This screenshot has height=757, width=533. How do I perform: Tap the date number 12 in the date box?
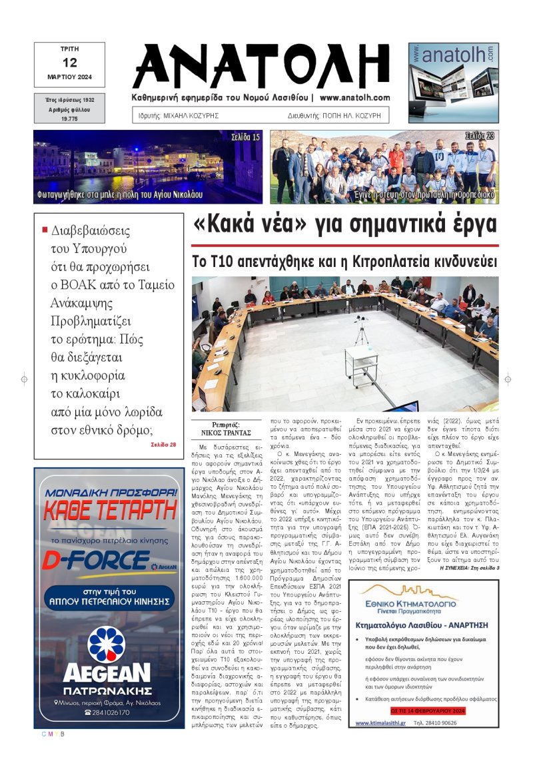pos(69,63)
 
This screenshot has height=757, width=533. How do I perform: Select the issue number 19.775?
pos(69,117)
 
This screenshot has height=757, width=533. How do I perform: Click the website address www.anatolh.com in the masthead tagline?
pos(354,97)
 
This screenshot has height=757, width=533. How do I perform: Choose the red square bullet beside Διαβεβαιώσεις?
pos(45,230)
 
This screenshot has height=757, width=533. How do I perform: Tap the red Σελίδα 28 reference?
pos(163,444)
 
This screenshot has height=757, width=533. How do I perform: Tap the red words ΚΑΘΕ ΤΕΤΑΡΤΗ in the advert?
pos(109,511)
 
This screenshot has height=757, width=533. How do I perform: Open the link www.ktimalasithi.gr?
pos(380,723)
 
